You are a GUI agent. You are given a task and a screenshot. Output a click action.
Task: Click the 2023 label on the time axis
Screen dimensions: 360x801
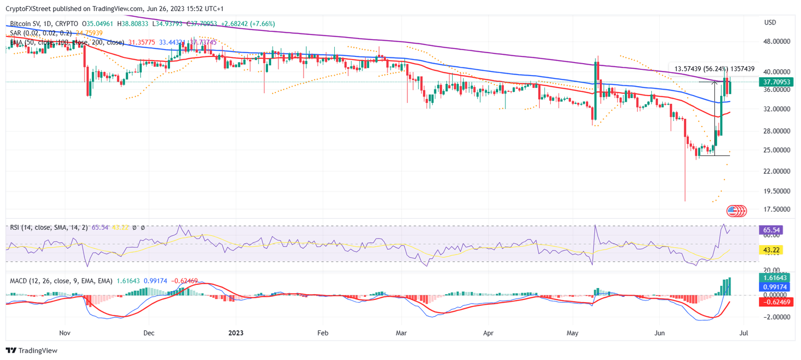tap(236, 332)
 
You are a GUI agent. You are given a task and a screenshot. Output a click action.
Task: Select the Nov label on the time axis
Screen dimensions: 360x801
tap(65, 332)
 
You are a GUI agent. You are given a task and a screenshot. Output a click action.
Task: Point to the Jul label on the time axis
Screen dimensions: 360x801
tap(744, 332)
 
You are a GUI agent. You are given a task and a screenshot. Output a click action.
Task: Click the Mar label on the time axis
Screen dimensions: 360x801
tap(401, 332)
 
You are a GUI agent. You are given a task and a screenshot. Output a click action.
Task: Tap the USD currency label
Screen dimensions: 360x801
tap(770, 22)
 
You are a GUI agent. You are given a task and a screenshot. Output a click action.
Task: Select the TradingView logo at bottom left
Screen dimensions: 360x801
tap(31, 351)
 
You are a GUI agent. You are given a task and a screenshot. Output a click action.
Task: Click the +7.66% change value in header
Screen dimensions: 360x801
tap(263, 24)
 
